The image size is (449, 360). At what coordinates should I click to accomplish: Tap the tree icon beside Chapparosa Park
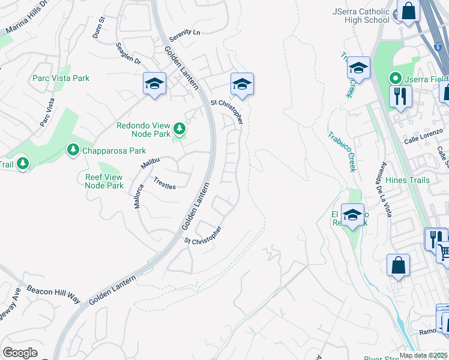click(73, 149)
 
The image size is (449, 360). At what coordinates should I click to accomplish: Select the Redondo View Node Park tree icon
click(179, 128)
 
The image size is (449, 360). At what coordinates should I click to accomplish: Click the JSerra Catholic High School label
click(360, 16)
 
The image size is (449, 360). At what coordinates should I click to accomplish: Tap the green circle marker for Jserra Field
click(396, 78)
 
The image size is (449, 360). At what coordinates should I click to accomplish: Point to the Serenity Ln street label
click(184, 35)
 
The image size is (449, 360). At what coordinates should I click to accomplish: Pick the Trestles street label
click(164, 183)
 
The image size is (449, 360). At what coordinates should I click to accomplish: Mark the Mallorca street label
click(139, 196)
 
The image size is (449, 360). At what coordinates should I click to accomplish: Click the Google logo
click(20, 353)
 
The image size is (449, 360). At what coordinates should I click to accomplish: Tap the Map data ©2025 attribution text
click(423, 355)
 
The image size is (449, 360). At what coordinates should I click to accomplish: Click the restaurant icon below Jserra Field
click(400, 96)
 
